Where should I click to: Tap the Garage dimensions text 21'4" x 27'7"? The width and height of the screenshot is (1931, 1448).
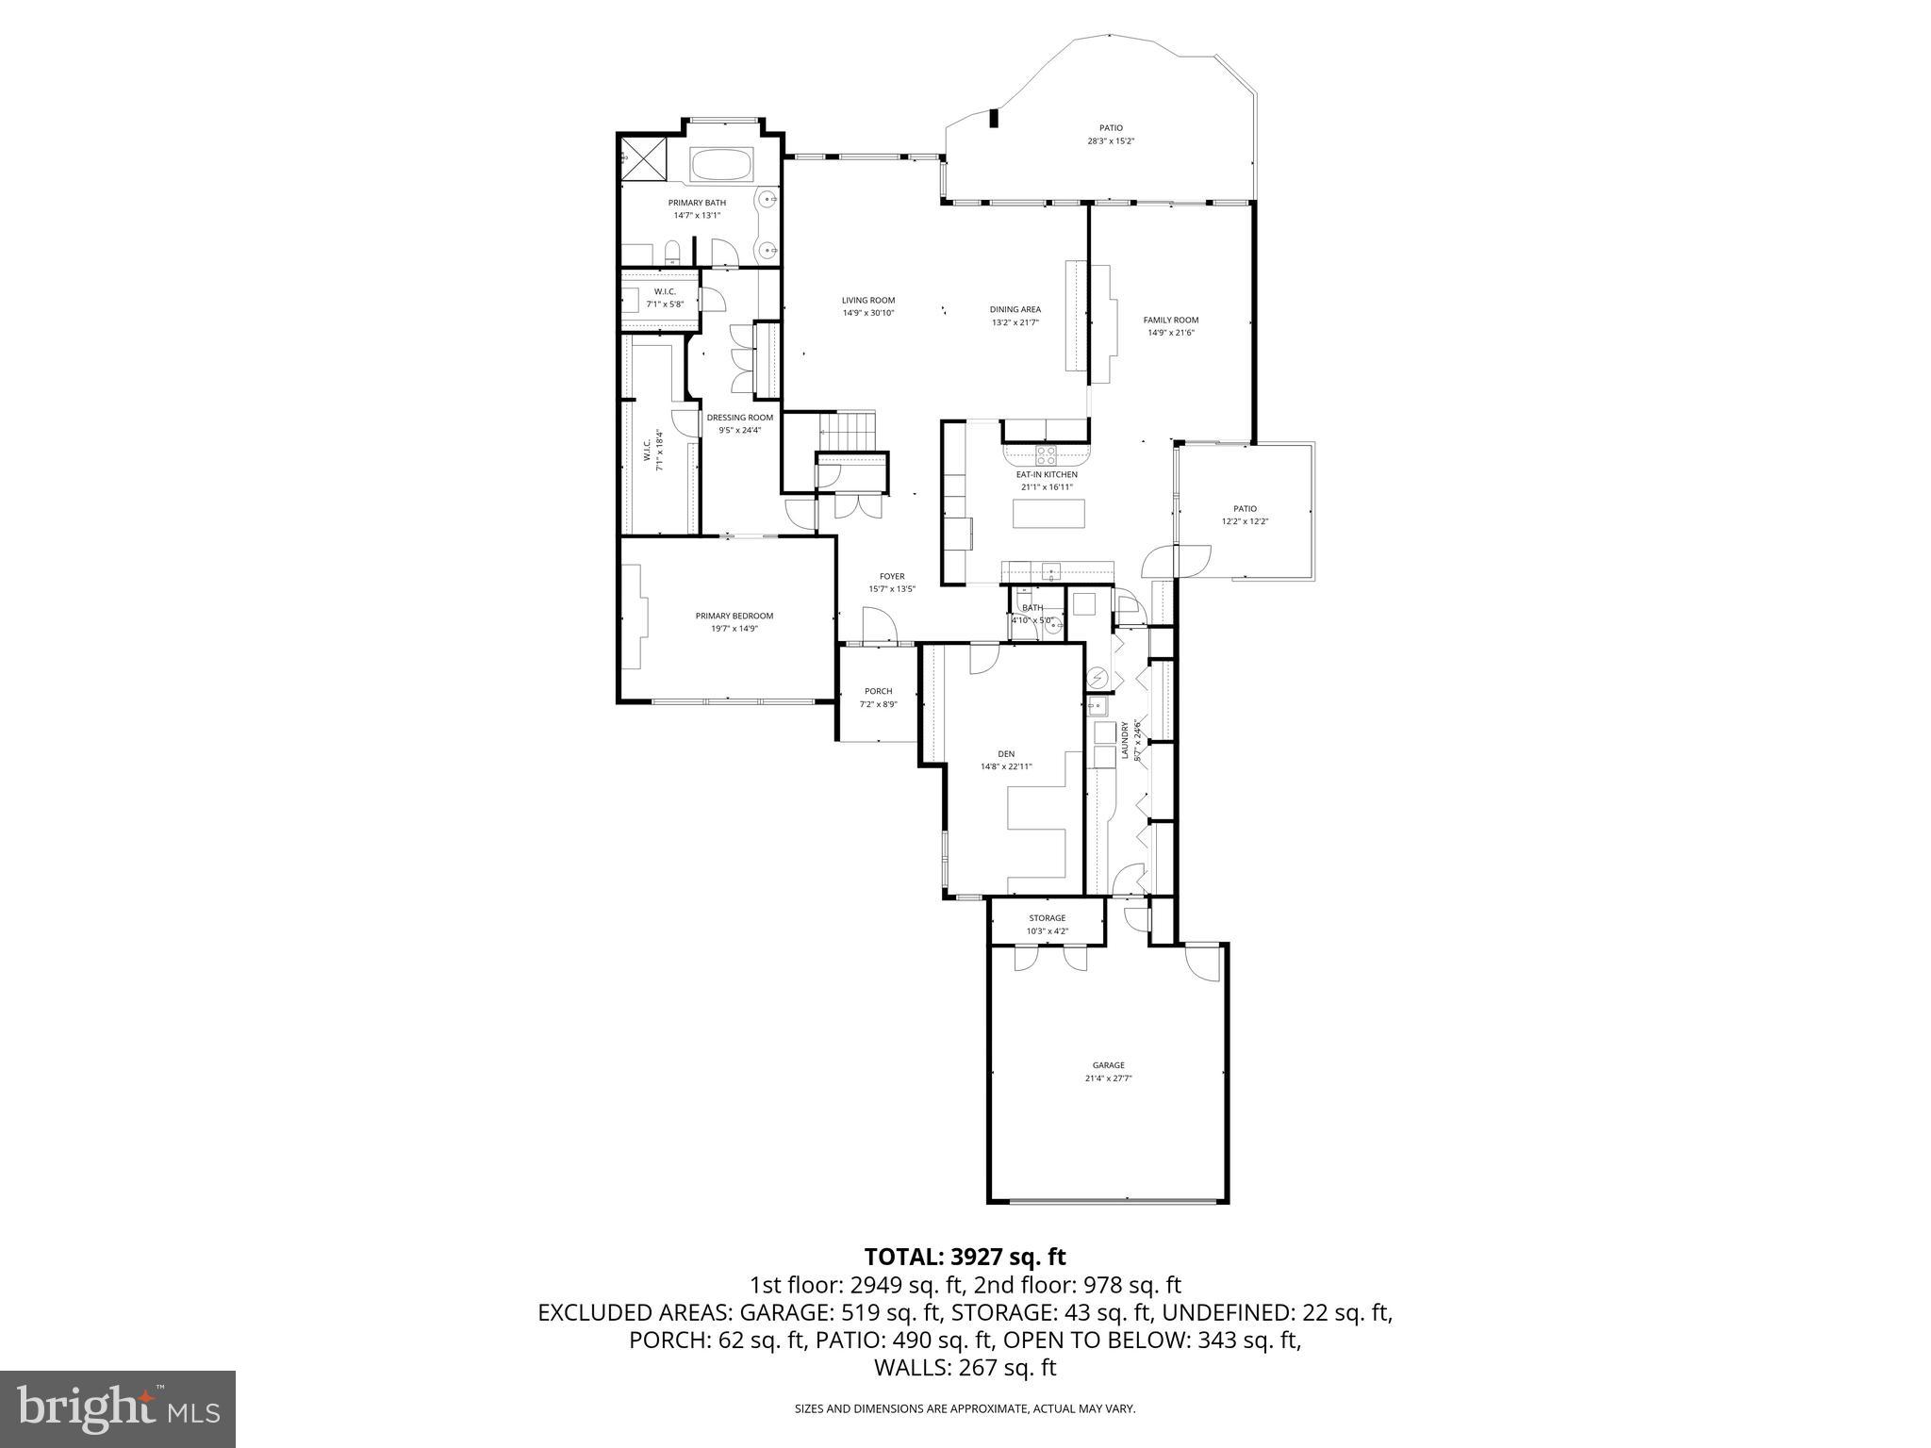point(1108,1077)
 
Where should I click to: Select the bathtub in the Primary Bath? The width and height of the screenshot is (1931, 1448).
point(721,166)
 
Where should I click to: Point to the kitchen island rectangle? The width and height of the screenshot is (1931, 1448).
point(1048,514)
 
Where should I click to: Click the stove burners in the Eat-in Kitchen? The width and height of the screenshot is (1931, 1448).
point(1047,455)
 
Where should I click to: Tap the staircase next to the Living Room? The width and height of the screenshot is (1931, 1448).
point(848,432)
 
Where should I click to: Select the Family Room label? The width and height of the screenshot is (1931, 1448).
point(1170,320)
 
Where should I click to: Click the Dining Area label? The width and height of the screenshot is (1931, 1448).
point(1015,309)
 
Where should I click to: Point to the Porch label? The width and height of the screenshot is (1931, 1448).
point(878,691)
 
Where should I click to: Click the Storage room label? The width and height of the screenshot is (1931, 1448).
point(1047,917)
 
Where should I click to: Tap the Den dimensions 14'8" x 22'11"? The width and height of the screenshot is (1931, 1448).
point(1006,766)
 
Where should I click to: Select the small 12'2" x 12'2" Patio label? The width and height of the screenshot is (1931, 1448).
point(1245,509)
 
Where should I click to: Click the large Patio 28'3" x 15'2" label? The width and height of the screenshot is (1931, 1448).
point(1111,128)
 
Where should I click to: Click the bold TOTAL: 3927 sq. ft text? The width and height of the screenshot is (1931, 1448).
point(965,1257)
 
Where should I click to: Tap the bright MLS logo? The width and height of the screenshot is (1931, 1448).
point(118,1408)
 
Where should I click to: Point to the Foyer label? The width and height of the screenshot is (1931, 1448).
point(892,576)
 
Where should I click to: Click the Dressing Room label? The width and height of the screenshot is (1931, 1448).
point(740,418)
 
